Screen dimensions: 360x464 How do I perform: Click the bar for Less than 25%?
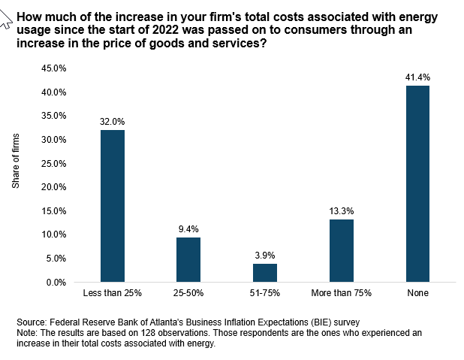coord(113,206)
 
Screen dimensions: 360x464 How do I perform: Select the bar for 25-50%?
coord(188,259)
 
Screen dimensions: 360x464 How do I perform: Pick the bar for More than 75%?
coord(341,250)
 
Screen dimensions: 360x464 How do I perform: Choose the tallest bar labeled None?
coord(417,183)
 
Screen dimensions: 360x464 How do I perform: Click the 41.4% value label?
coord(417,77)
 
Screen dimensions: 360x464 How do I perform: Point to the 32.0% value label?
coord(113,122)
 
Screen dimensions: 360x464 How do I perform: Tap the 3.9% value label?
coord(265,256)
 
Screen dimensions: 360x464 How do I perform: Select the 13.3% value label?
coord(341,211)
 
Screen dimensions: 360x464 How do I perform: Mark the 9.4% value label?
coord(188,229)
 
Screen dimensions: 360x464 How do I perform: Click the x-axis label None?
coord(417,292)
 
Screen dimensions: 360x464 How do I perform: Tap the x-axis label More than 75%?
coord(341,292)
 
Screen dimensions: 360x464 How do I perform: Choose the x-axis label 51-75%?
coord(265,292)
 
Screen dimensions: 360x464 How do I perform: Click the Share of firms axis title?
coord(17,172)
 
